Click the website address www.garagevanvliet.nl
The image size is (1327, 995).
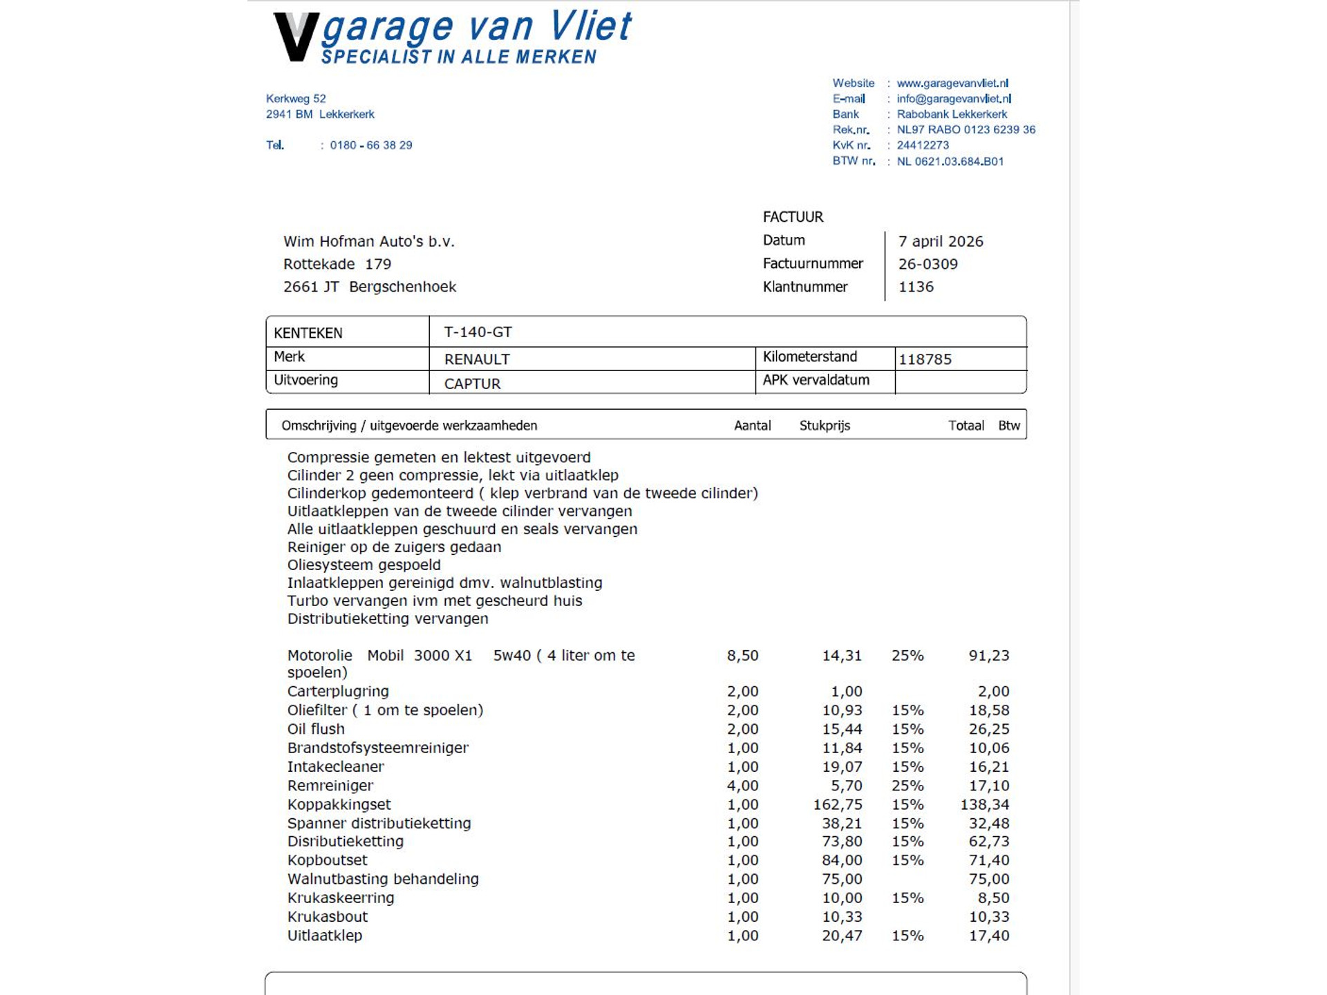pos(952,84)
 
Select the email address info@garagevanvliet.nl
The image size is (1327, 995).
pos(954,99)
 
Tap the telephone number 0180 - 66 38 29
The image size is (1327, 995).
pos(371,145)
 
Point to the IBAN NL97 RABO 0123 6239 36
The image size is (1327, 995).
pos(966,130)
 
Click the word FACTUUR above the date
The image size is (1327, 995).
pos(793,217)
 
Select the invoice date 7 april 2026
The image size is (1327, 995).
pos(941,241)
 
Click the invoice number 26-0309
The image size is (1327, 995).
pos(928,264)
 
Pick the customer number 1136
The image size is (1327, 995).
pos(916,287)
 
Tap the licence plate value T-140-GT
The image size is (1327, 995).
pos(478,332)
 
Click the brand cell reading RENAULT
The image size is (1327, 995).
pos(477,359)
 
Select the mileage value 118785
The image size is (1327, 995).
pos(925,359)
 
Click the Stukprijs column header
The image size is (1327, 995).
pos(825,426)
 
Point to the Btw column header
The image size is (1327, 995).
pos(1008,426)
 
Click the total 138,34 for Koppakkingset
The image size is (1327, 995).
pos(984,804)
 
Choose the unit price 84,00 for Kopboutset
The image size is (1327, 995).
pos(842,860)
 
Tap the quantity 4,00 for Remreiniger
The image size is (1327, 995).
pos(742,786)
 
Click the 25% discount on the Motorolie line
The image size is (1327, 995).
pos(907,656)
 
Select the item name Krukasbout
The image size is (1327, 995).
pos(328,917)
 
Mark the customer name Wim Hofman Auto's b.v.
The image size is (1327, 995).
pos(368,242)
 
